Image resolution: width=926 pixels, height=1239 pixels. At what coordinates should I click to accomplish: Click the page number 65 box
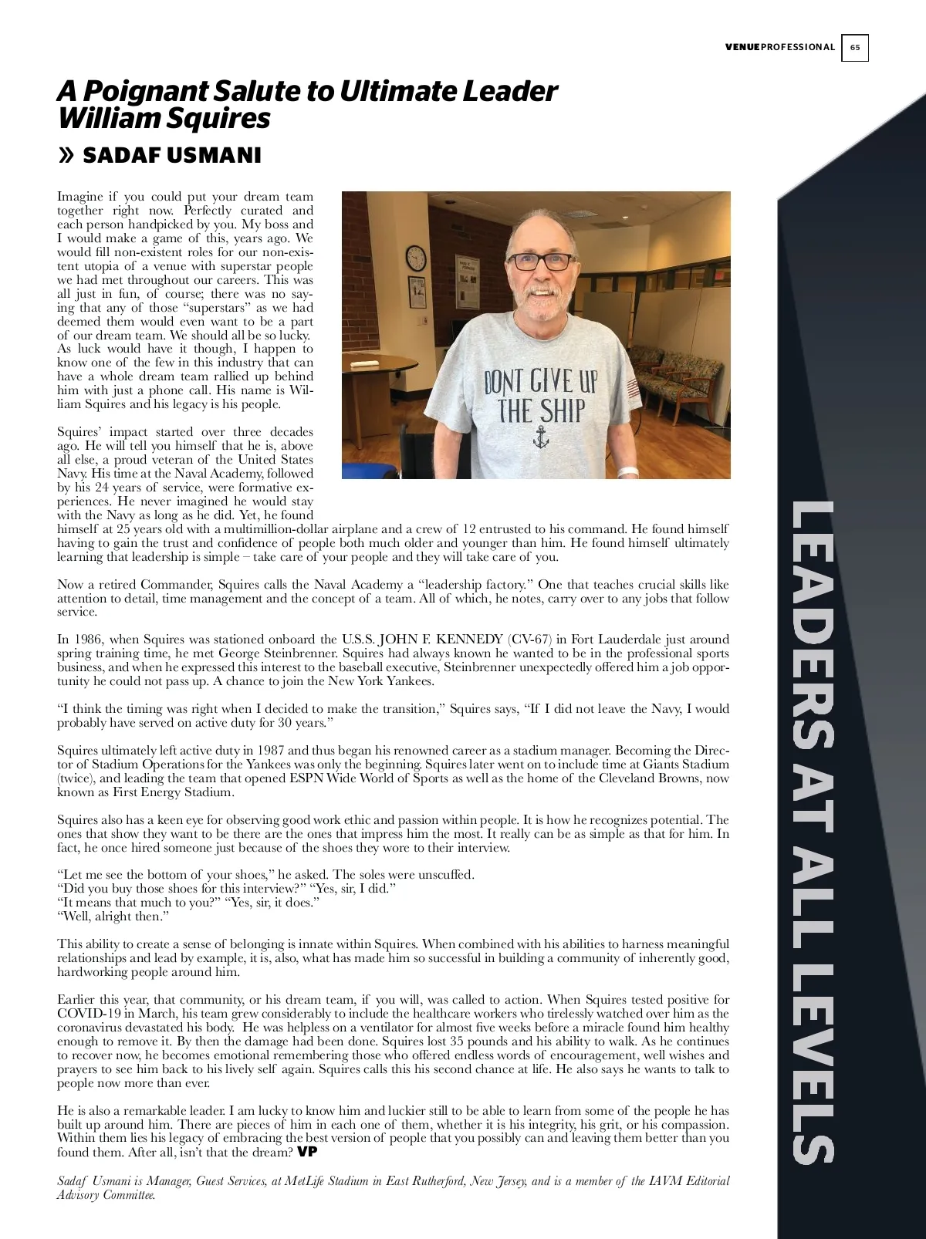click(854, 48)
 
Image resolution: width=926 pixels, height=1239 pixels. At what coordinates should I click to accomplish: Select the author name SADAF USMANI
click(171, 156)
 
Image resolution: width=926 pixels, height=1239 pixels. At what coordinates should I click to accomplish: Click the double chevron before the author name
click(66, 156)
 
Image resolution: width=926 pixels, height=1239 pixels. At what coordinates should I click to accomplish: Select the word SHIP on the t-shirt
click(562, 410)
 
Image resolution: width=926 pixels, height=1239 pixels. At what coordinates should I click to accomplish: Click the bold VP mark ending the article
click(307, 1152)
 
